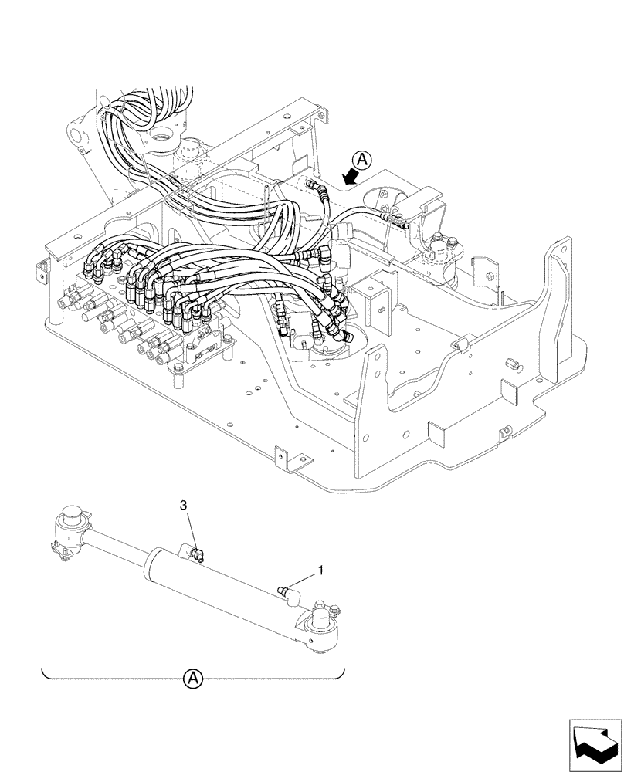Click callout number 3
[x=183, y=505]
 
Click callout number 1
[x=320, y=572]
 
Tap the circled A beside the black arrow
[x=363, y=160]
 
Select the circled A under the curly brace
[x=193, y=679]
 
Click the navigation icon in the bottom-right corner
[x=595, y=743]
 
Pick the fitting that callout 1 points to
[x=287, y=591]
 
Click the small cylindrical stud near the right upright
[x=510, y=363]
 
